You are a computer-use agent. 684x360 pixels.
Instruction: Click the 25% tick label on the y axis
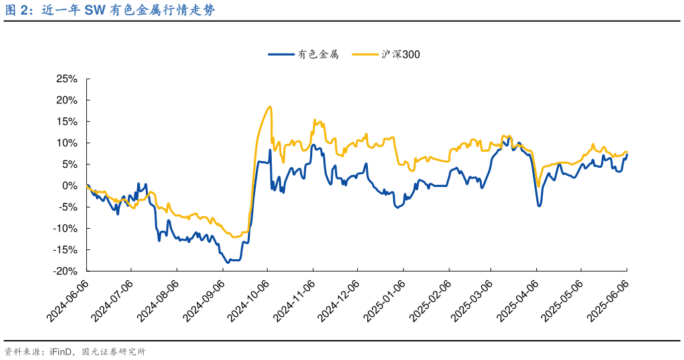click(x=68, y=79)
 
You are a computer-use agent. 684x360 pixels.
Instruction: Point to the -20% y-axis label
click(x=66, y=271)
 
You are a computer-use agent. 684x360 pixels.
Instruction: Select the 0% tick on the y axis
click(x=71, y=186)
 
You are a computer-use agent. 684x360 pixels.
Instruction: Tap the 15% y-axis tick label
click(x=68, y=121)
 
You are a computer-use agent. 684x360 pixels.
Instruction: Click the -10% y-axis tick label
click(x=66, y=229)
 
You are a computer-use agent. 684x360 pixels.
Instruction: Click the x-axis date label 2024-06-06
click(x=67, y=301)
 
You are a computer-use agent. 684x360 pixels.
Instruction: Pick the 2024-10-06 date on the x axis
click(x=247, y=301)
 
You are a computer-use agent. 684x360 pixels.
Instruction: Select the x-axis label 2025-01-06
click(x=382, y=301)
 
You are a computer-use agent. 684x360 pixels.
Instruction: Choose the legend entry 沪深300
click(x=400, y=55)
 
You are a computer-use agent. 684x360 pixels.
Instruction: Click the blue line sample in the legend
click(x=281, y=55)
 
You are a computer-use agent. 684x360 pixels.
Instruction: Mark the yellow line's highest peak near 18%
click(x=269, y=107)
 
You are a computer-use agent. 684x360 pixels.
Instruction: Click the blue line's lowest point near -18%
click(x=228, y=263)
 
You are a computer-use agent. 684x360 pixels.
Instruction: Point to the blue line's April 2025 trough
click(x=539, y=206)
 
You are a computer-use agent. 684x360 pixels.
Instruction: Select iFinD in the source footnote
click(x=62, y=352)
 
